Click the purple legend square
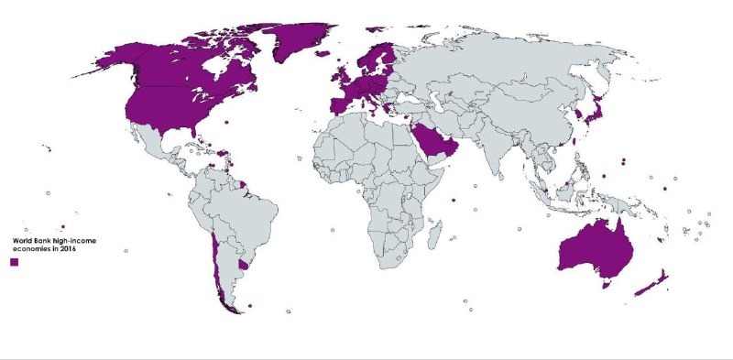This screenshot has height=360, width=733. (14, 262)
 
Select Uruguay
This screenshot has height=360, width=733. (243, 266)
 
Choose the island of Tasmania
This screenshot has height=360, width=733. (606, 285)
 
